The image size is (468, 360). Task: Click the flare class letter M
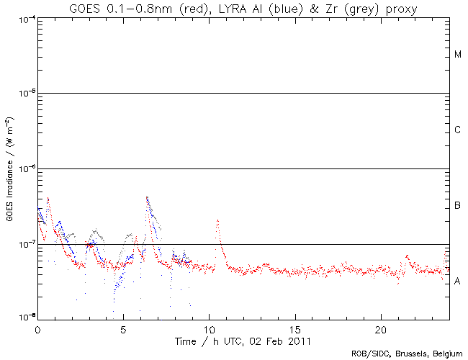(458, 55)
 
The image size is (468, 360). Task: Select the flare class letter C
(458, 130)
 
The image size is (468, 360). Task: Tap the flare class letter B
(458, 206)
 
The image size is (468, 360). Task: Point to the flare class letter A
(458, 282)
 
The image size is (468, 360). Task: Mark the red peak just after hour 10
(217, 221)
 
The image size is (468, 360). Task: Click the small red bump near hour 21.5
(408, 256)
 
